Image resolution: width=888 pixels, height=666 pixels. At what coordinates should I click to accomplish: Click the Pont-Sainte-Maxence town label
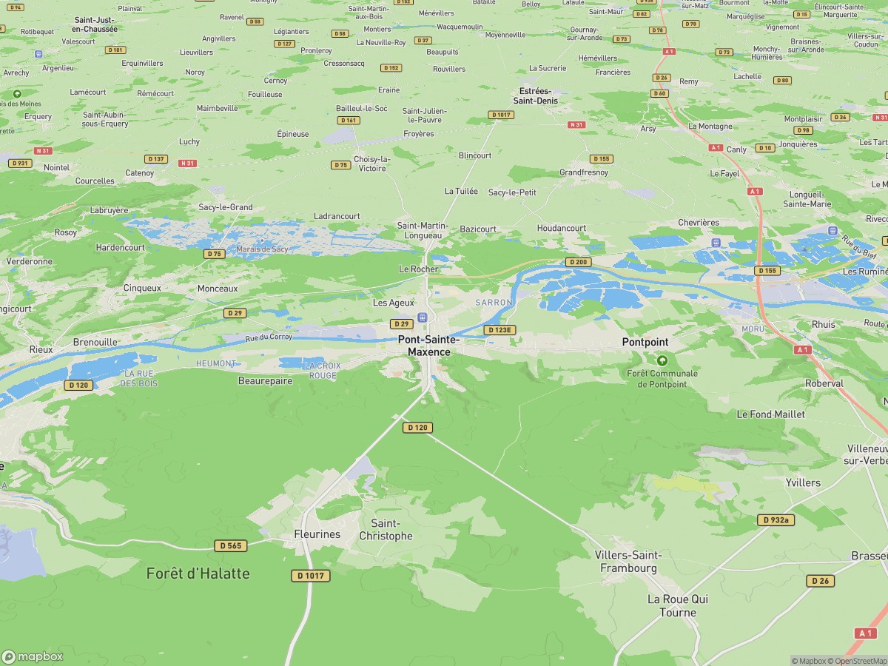[x=428, y=346]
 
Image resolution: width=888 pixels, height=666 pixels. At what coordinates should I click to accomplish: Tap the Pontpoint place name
[x=645, y=342]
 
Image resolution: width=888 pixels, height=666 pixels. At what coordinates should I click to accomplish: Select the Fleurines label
[x=317, y=534]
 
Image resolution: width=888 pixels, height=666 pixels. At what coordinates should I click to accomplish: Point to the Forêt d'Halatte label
[x=198, y=573]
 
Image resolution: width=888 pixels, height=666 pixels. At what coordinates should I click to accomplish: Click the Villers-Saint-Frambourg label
[x=628, y=562]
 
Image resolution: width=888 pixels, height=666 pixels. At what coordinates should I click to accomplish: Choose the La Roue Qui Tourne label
[x=672, y=605]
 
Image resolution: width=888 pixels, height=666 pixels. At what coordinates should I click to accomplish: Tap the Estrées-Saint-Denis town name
[x=537, y=95]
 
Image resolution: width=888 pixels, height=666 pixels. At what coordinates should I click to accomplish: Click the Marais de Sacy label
[x=262, y=249]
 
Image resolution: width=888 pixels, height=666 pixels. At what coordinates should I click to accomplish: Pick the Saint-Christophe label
[x=386, y=530]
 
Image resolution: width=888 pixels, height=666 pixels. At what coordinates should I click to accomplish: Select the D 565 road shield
[x=230, y=545]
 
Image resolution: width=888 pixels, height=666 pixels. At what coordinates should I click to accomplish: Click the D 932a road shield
[x=776, y=520]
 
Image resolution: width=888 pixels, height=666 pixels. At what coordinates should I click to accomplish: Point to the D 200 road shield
[x=578, y=262]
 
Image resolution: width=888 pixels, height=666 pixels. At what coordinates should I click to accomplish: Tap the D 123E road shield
[x=499, y=330]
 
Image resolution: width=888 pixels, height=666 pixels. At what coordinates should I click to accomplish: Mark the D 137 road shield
[x=155, y=159]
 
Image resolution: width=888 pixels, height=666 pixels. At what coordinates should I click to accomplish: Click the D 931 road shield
[x=20, y=163]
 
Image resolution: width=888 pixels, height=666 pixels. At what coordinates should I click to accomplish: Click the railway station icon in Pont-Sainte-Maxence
[x=423, y=317]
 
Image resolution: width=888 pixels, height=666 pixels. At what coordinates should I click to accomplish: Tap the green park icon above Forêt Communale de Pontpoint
[x=662, y=360]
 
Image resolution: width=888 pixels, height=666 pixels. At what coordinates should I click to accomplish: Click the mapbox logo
[x=33, y=656]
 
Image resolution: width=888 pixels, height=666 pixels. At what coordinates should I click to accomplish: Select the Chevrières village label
[x=699, y=223]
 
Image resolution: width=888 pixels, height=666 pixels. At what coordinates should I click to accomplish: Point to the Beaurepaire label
[x=265, y=381]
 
